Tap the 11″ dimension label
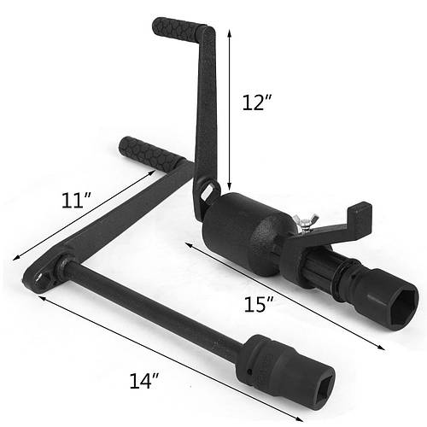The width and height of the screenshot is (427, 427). click(76, 200)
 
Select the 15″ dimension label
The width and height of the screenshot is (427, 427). click(259, 304)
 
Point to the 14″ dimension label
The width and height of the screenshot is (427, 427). click(143, 381)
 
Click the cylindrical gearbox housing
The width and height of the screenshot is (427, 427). click(242, 233)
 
